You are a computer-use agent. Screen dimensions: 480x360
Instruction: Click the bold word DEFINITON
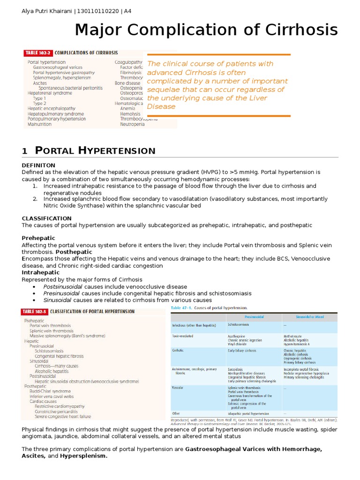click(39, 165)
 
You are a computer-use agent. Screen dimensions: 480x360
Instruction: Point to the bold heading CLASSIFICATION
click(47, 218)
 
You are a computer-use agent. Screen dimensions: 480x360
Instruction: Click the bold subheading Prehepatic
click(38, 238)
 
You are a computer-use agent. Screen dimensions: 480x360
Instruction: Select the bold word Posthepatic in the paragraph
click(74, 252)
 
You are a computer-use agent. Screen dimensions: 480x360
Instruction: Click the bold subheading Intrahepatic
click(41, 272)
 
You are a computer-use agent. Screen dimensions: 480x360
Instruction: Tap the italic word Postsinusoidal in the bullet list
click(62, 286)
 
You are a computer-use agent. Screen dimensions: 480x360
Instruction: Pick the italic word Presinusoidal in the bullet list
click(61, 293)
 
